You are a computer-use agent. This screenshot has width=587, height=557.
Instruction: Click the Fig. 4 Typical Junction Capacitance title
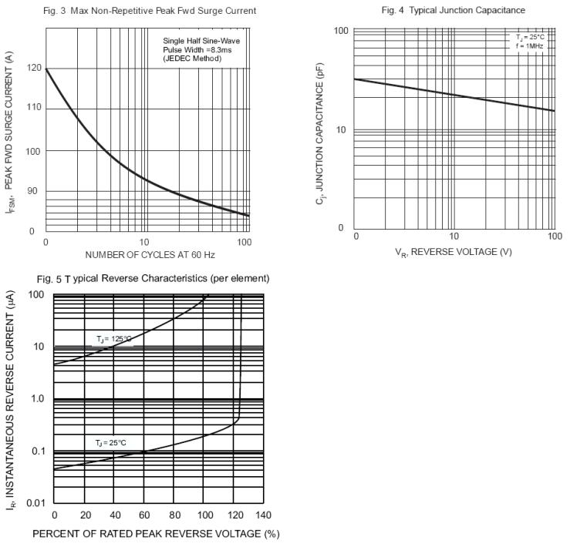(x=454, y=11)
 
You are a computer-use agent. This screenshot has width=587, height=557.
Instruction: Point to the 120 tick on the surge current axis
(x=33, y=68)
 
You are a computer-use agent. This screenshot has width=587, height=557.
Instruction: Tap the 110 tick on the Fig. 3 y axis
(x=33, y=107)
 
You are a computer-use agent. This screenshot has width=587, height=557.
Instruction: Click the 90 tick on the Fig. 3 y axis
(x=33, y=191)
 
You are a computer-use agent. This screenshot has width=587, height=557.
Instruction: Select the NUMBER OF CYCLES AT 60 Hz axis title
(x=146, y=254)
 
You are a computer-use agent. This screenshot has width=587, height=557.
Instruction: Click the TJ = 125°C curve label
(x=114, y=339)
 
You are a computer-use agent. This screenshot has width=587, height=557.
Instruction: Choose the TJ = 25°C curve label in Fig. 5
(x=111, y=443)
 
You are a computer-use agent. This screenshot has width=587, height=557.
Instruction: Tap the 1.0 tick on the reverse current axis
(x=36, y=399)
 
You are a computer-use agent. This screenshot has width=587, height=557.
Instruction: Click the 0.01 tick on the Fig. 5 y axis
(x=36, y=503)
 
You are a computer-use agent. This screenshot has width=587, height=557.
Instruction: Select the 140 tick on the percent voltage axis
(x=262, y=515)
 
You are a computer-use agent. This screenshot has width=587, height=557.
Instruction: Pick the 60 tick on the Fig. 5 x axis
(x=144, y=515)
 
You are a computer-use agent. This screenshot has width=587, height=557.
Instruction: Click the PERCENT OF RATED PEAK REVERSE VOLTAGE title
(x=155, y=533)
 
